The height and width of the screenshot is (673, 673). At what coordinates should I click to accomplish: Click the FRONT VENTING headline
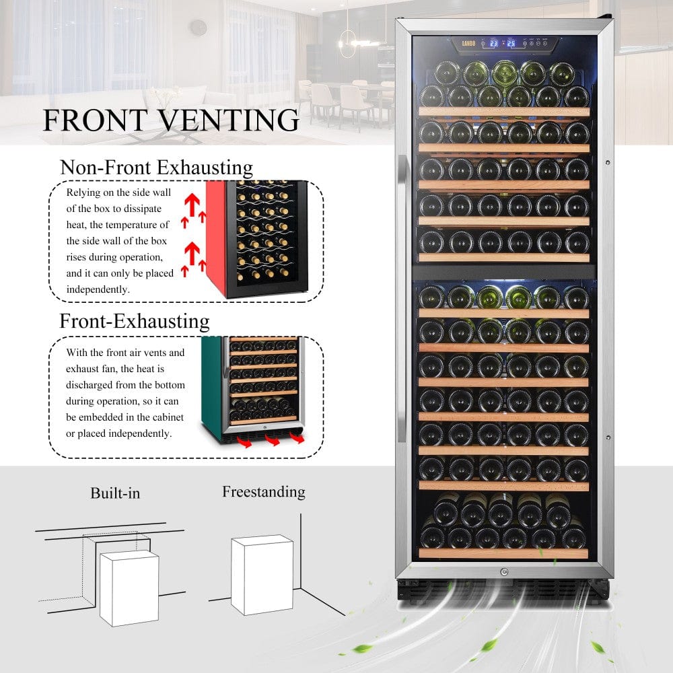coord(171,120)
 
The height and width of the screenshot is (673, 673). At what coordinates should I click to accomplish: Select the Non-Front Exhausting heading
coord(157,167)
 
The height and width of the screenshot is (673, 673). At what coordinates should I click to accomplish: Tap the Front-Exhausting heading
coord(135,320)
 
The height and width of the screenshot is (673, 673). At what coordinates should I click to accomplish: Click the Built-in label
coord(115,493)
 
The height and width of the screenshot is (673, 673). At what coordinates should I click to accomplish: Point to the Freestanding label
coord(263,492)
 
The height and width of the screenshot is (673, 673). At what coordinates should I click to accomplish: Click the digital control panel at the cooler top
coord(503,44)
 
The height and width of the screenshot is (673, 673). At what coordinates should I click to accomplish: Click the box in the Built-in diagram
coord(129,587)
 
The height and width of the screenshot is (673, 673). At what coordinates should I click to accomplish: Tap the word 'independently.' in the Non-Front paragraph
coord(99,289)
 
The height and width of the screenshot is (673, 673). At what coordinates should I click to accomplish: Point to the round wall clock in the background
coord(198,28)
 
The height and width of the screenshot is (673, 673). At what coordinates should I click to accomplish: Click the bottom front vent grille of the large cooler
coord(503,590)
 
